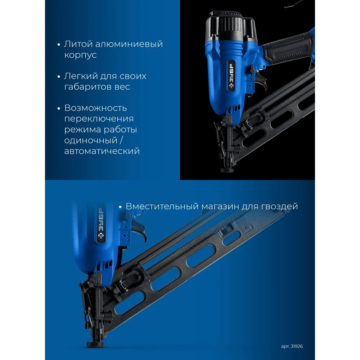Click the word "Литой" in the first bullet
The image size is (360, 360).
coord(78,44)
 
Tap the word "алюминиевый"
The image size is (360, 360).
coord(129,44)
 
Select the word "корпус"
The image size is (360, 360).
coord(80,55)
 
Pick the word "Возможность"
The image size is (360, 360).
coord(95,108)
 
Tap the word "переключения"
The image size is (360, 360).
coord(99,119)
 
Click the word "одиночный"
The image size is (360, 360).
coord(91,140)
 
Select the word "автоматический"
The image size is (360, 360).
coord(102,151)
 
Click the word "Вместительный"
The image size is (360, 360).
coord(162,206)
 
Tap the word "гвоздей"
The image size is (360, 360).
coord(280,207)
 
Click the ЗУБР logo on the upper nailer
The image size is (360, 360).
coord(231,76)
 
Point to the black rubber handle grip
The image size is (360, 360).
coord(287,49)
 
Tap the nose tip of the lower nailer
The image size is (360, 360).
coord(95,344)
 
